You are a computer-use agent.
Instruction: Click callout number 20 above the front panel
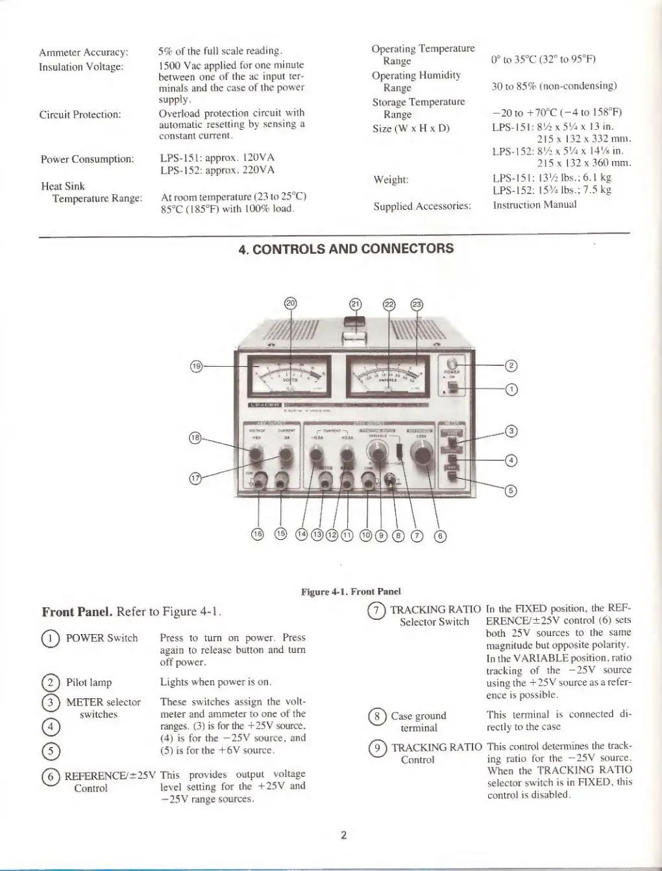pyautogui.click(x=291, y=303)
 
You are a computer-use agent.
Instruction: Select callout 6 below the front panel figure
pyautogui.click(x=440, y=535)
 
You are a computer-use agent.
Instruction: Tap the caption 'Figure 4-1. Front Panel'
pyautogui.click(x=350, y=591)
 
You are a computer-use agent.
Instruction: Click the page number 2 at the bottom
pyautogui.click(x=345, y=835)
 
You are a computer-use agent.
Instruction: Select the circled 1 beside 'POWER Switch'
pyautogui.click(x=50, y=638)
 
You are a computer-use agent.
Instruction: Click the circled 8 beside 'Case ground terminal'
pyautogui.click(x=376, y=716)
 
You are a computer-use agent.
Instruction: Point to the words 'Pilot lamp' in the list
pyautogui.click(x=89, y=682)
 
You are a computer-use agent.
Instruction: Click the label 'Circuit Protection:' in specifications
pyautogui.click(x=80, y=115)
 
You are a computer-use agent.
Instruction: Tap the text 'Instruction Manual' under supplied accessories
pyautogui.click(x=535, y=205)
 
